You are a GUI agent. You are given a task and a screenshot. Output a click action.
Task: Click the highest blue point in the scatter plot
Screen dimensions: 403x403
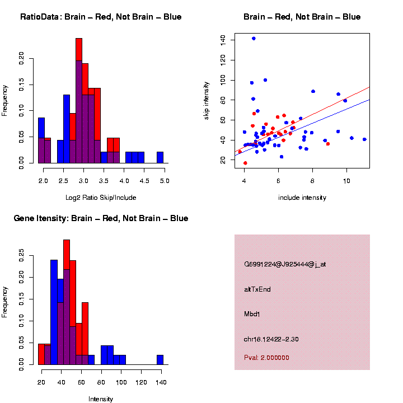(x=254, y=39)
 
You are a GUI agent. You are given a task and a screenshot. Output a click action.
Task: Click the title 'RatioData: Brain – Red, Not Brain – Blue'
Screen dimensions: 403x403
(x=101, y=17)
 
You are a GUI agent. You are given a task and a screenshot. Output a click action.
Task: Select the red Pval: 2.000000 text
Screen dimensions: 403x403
(x=266, y=357)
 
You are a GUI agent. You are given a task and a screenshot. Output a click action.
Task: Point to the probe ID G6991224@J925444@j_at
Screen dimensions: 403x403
(x=285, y=264)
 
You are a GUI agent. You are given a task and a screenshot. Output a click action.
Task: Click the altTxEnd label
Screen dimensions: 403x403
(x=257, y=289)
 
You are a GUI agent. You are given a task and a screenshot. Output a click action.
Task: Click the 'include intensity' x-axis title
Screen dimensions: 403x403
(x=302, y=198)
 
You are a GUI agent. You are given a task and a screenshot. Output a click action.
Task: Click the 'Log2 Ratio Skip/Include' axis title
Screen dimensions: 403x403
(x=101, y=198)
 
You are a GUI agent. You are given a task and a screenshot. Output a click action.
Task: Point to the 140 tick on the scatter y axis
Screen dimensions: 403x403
(x=223, y=39)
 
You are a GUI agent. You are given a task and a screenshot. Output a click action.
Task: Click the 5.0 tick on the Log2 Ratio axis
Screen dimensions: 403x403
(x=165, y=181)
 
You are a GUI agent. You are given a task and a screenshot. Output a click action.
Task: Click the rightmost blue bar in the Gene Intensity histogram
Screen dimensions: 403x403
(x=160, y=359)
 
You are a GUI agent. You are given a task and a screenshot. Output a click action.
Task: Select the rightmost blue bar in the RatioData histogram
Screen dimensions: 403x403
(x=160, y=157)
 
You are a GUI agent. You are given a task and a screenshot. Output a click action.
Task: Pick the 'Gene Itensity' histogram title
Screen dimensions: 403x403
(x=101, y=218)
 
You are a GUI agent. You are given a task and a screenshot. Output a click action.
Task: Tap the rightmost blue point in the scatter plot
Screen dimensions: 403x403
(x=364, y=139)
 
